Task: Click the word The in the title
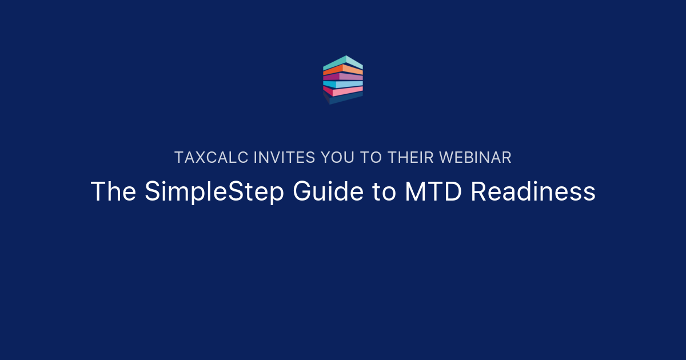click(113, 192)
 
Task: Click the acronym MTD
click(434, 192)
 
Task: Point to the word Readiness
click(533, 192)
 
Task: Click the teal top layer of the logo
click(343, 62)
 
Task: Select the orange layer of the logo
click(343, 69)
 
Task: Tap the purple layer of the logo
click(343, 76)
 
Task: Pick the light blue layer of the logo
click(343, 84)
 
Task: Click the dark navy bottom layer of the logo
click(343, 99)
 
